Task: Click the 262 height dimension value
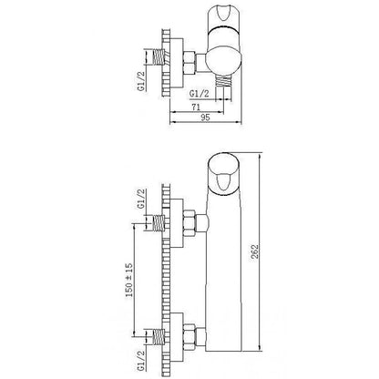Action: coord(255,251)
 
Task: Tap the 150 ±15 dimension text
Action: coord(129,280)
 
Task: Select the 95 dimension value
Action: coord(205,118)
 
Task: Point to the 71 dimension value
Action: coord(197,107)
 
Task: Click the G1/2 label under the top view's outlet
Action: coord(200,94)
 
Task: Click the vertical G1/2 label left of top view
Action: coord(141,80)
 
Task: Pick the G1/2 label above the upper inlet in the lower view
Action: coord(141,199)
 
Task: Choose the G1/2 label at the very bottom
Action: coord(141,360)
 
